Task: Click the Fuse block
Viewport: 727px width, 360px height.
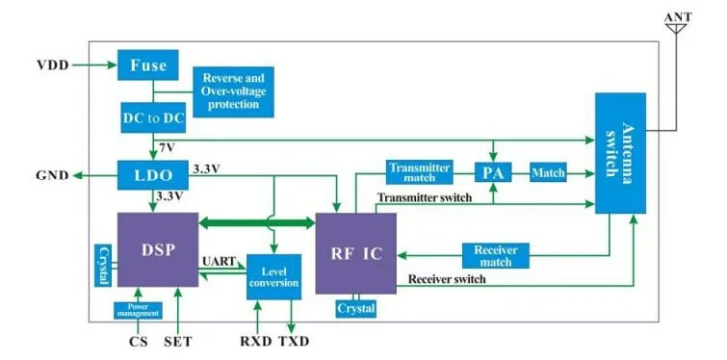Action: [148, 66]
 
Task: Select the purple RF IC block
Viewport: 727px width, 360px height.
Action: [355, 253]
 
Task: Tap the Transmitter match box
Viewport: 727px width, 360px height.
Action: [419, 172]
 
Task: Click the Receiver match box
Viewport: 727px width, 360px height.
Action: [496, 254]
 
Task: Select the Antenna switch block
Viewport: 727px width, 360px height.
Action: [619, 153]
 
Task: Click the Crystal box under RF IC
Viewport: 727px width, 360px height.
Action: [355, 308]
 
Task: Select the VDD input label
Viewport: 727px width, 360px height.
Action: [53, 66]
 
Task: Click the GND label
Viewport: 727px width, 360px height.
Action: [52, 176]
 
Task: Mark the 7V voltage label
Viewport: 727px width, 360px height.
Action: [167, 147]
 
